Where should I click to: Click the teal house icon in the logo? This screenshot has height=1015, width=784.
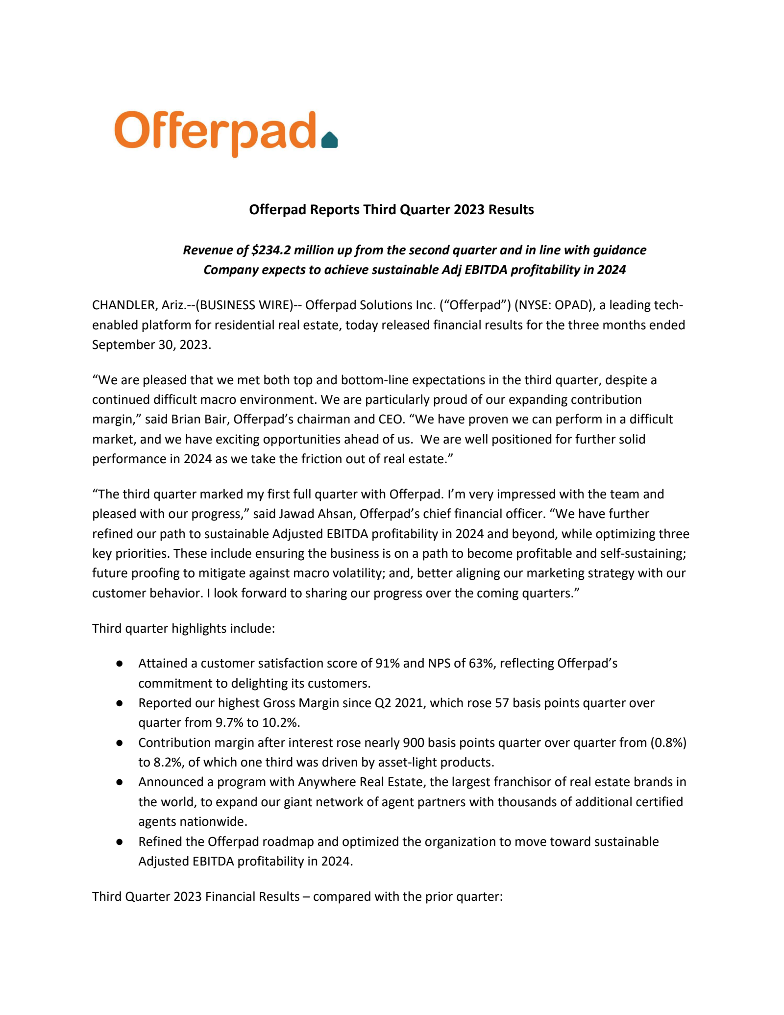(329, 140)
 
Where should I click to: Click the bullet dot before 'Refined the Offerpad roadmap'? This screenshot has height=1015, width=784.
(119, 842)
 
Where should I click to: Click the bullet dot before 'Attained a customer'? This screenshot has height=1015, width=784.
(119, 664)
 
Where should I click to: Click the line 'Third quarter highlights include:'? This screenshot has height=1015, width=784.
(183, 628)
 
